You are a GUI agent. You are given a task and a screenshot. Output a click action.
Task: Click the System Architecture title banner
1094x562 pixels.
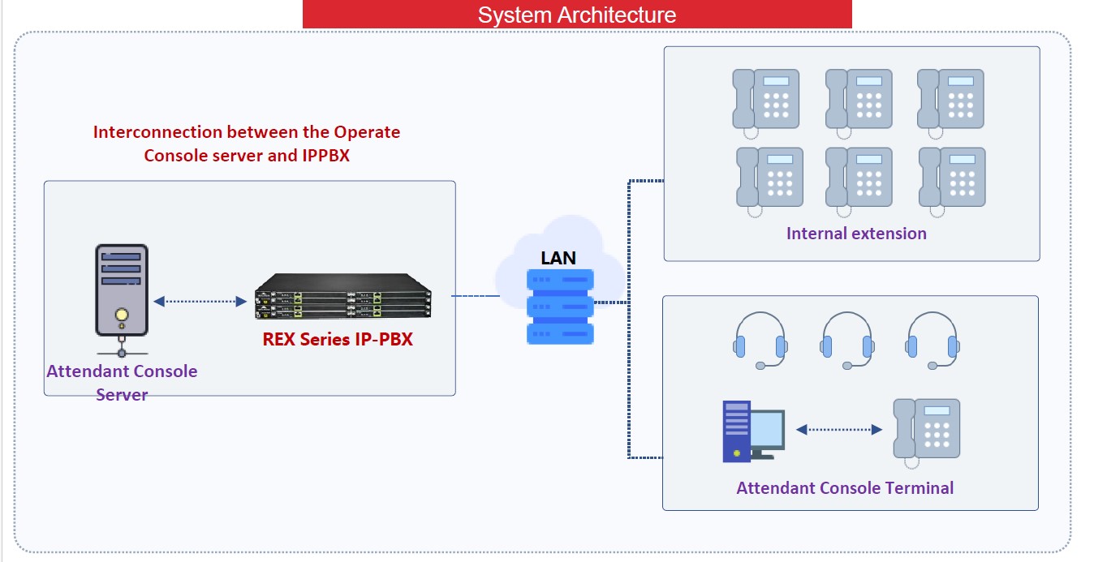click(577, 14)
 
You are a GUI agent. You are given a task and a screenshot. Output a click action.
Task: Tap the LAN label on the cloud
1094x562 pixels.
click(558, 258)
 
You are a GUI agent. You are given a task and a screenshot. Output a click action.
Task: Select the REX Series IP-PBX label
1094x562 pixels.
click(338, 339)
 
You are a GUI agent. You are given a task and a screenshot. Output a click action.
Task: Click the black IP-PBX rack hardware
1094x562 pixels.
click(342, 296)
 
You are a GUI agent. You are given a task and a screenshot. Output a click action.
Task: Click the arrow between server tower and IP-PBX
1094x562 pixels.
click(200, 302)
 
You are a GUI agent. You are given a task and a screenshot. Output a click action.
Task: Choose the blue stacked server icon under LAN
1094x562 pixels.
click(560, 307)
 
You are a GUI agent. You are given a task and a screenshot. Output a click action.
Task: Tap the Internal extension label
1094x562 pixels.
click(856, 234)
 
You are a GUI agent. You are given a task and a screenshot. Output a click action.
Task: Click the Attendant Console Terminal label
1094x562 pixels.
click(845, 488)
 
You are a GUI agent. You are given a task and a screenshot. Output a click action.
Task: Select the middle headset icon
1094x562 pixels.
click(846, 340)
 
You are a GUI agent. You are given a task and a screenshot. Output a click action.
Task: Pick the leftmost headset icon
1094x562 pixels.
click(760, 340)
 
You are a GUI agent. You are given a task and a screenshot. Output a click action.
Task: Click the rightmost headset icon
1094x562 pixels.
click(932, 340)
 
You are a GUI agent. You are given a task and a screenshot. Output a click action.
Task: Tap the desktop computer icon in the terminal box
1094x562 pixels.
click(754, 431)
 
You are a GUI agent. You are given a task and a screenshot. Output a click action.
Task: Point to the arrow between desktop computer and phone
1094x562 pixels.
click(839, 429)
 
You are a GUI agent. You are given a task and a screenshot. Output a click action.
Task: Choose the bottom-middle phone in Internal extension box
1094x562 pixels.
click(859, 182)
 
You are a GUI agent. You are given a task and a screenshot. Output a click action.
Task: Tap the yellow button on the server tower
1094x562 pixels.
click(122, 315)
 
